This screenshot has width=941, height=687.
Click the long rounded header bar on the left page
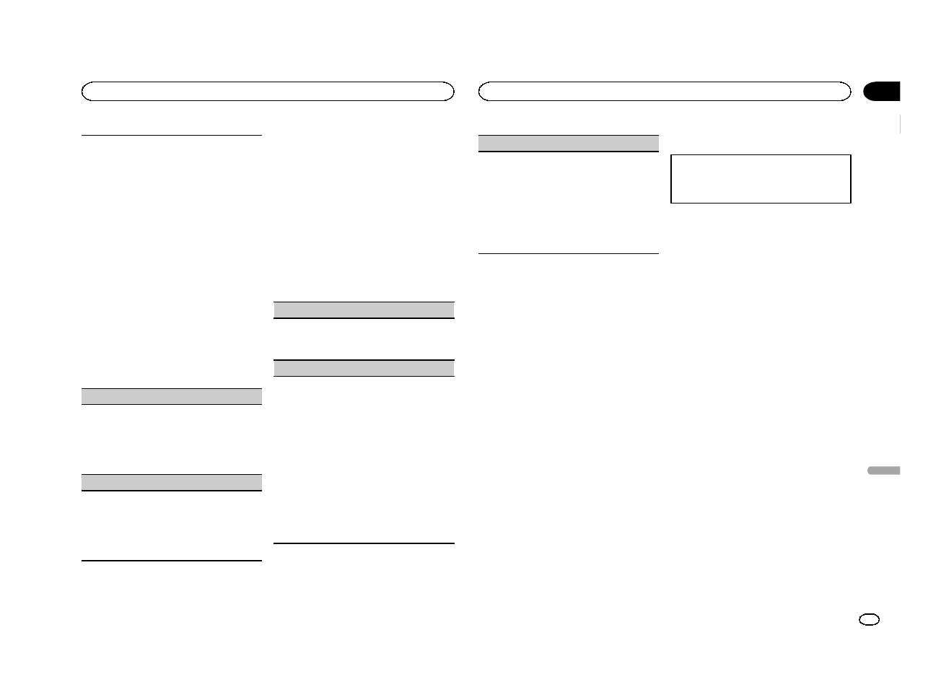click(x=268, y=92)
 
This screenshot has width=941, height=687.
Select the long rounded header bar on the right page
click(x=665, y=92)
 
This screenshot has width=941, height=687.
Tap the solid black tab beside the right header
click(x=882, y=92)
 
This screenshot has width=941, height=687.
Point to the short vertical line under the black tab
click(x=901, y=124)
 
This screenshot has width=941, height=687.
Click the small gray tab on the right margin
click(x=883, y=471)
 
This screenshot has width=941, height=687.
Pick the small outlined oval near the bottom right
click(x=870, y=620)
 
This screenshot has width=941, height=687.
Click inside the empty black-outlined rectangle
click(x=761, y=178)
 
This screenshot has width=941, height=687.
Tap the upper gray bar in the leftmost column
click(x=171, y=395)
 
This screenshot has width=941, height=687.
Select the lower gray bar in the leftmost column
click(x=171, y=482)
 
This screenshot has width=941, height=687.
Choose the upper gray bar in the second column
click(x=364, y=310)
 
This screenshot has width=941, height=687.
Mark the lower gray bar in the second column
click(x=364, y=368)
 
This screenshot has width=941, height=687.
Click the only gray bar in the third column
click(x=569, y=144)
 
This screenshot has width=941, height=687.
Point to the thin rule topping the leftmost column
click(x=171, y=135)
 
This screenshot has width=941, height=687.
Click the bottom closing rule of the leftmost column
click(x=171, y=561)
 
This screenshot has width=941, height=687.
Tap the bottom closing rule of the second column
click(x=364, y=543)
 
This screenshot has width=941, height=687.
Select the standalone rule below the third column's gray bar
click(x=569, y=253)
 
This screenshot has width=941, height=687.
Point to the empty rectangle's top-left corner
click(x=671, y=154)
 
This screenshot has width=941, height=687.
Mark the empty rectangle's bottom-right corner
click(x=851, y=202)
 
